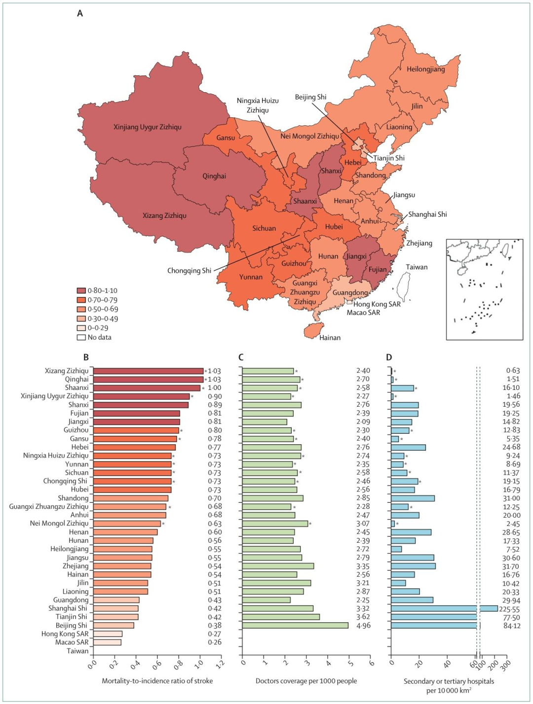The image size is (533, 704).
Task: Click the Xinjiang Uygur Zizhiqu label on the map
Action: (148, 127)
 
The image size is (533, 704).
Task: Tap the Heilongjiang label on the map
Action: (425, 69)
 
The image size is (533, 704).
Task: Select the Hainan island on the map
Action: (313, 330)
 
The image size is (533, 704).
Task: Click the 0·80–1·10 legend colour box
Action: (81, 291)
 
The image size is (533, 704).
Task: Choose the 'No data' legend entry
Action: (94, 337)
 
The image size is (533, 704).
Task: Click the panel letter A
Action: (80, 13)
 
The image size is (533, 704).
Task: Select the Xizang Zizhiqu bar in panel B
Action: (148, 371)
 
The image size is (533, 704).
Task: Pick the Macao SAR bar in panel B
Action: (107, 642)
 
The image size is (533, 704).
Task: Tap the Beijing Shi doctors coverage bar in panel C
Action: (295, 626)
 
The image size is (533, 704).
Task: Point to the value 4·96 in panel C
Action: (363, 626)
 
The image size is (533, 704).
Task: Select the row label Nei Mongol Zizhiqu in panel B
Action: (59, 523)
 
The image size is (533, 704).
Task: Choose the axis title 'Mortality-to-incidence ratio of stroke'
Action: (157, 681)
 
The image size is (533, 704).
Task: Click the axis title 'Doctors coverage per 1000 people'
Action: (306, 681)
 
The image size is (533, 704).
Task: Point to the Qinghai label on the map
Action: (214, 176)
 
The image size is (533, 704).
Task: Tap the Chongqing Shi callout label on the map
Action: (189, 271)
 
